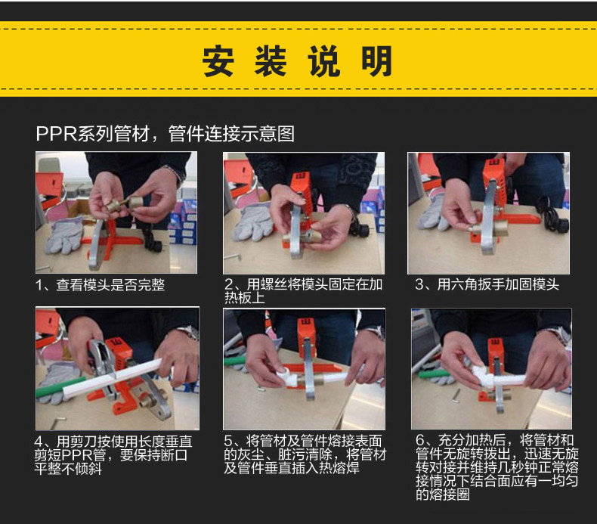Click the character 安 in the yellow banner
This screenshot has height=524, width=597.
[218, 61]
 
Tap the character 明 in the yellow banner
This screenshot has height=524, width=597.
[377, 61]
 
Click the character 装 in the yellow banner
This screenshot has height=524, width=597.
[271, 61]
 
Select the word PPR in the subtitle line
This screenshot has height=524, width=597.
[57, 134]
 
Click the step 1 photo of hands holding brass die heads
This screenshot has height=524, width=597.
[116, 212]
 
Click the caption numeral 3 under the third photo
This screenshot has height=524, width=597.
[419, 284]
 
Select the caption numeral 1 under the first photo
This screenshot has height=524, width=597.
[39, 285]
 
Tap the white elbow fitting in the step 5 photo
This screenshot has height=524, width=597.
[287, 377]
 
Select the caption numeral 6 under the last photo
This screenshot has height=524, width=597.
[420, 441]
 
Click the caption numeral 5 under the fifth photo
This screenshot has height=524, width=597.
[228, 441]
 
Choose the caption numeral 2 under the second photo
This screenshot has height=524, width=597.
[229, 284]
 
